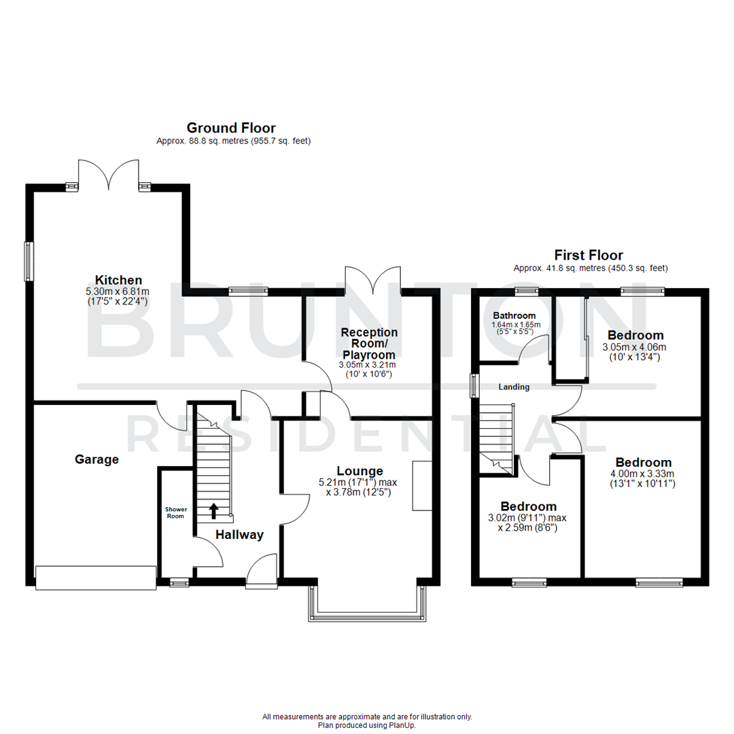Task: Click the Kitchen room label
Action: point(118,280)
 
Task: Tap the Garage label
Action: point(97,459)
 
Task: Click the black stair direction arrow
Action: point(214,510)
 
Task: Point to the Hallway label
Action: point(239,535)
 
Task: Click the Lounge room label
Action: point(360,471)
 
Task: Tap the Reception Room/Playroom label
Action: point(369,343)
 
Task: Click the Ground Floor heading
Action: point(231,128)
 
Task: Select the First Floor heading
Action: point(589,256)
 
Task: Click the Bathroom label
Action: point(514,315)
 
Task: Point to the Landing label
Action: point(514,387)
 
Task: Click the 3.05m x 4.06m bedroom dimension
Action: point(635,347)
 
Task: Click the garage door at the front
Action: point(95,578)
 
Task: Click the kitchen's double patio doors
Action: point(109,175)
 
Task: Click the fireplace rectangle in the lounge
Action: point(421,485)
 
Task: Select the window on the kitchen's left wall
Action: point(29,261)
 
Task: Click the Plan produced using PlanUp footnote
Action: point(367,725)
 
